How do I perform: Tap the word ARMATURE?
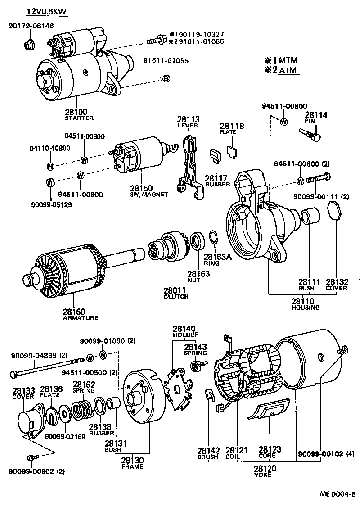(81, 317)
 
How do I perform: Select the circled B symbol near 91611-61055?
(166, 79)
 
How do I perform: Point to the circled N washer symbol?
(50, 166)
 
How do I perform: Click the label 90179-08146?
(31, 26)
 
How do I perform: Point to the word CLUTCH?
(176, 297)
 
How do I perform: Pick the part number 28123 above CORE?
(270, 449)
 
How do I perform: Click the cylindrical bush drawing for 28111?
(310, 216)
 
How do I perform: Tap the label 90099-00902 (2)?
(36, 471)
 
